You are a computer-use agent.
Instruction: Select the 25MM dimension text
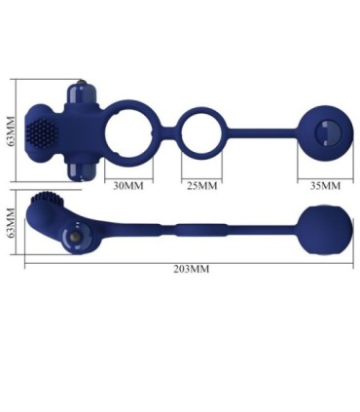200,184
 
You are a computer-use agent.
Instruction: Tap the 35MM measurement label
324,184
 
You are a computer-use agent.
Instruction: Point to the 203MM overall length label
192,268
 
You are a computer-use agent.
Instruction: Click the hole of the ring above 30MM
137,132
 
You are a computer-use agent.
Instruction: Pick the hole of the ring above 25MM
201,132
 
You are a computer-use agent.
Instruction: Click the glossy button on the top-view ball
324,131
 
